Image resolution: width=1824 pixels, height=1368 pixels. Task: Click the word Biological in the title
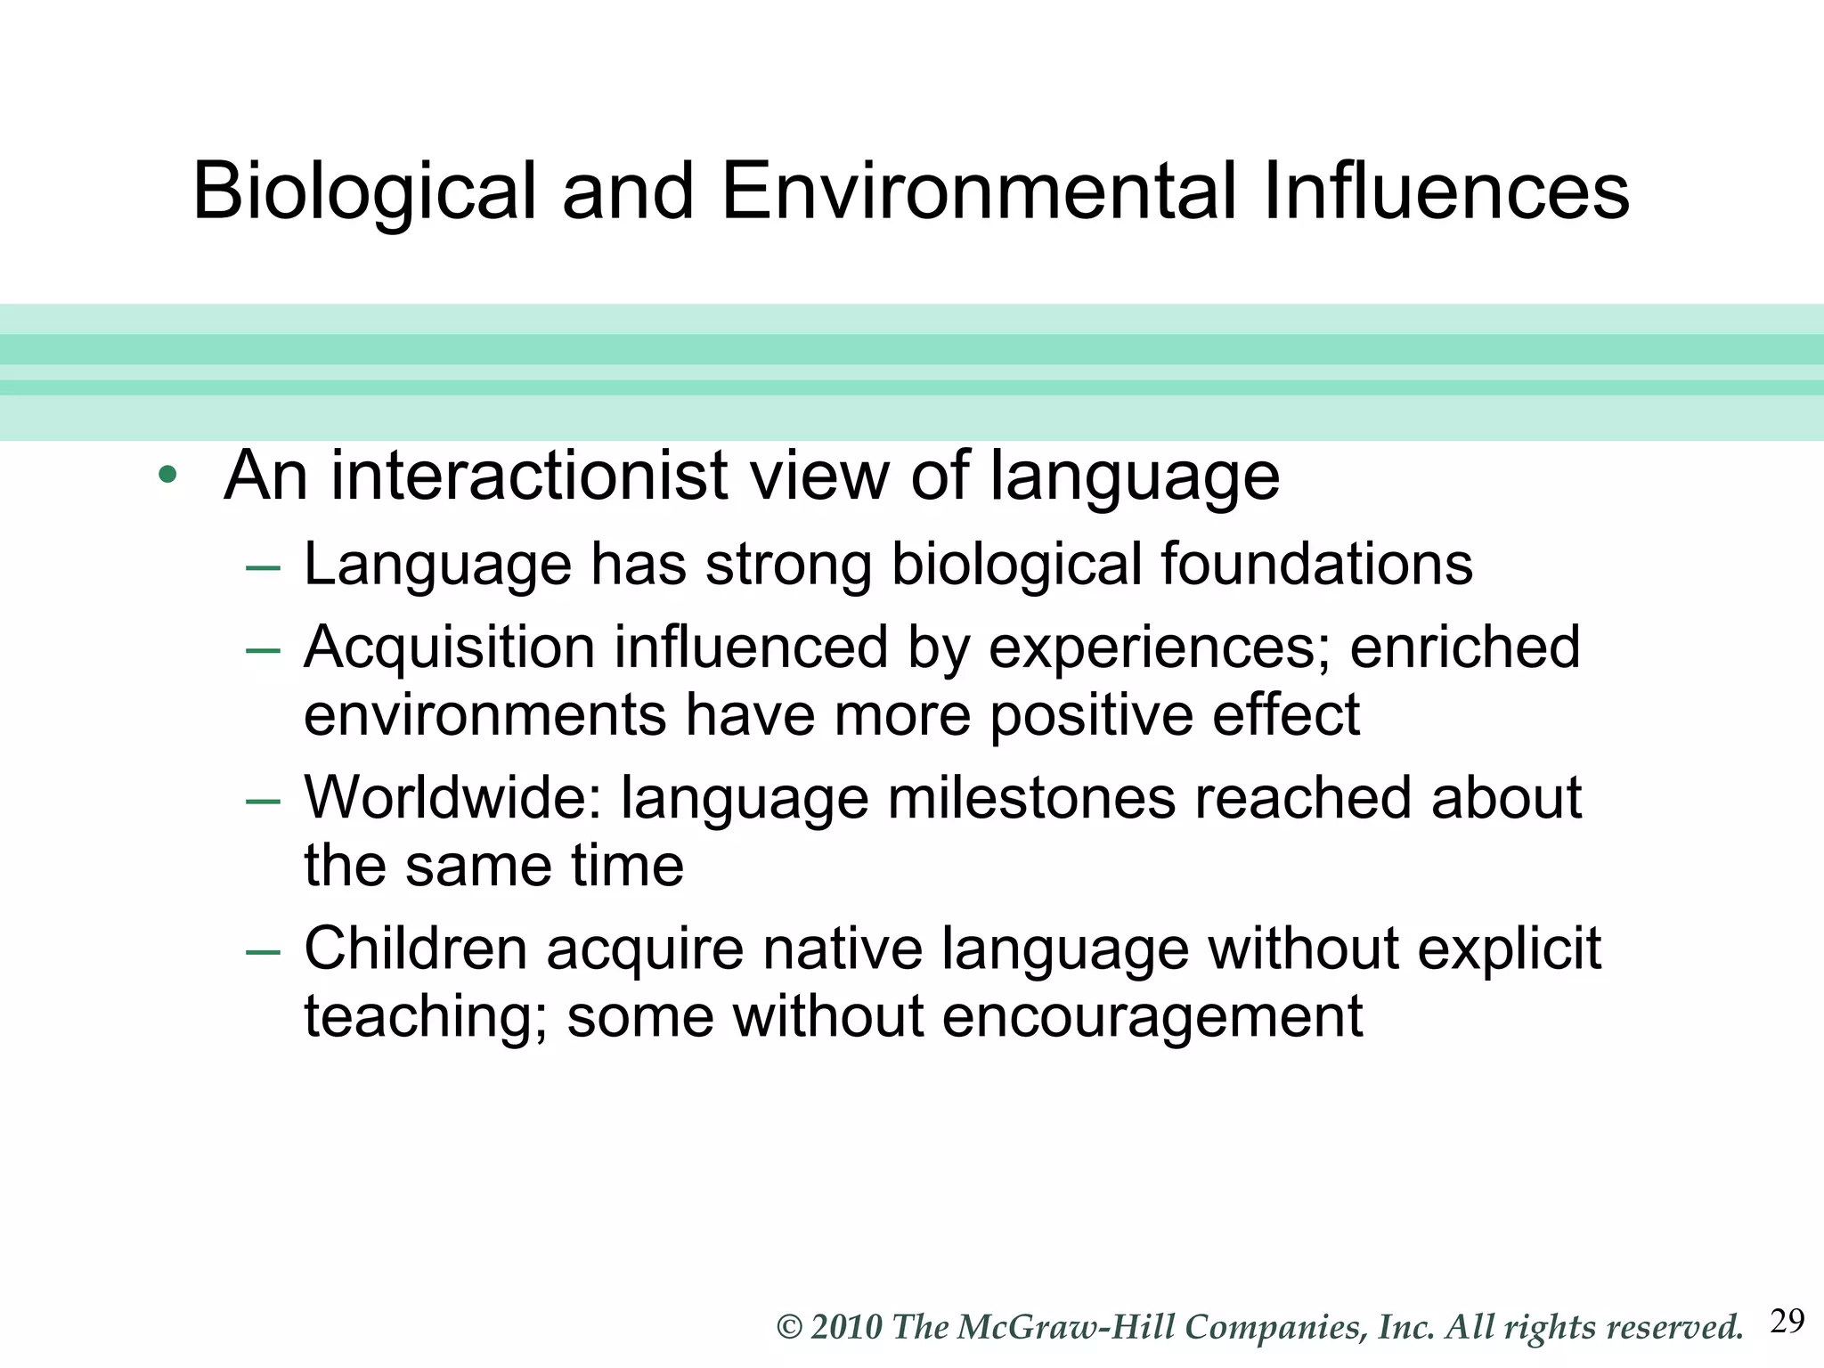[364, 192]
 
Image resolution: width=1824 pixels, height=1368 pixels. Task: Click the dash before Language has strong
[263, 567]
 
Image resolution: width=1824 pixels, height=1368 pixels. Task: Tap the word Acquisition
[449, 647]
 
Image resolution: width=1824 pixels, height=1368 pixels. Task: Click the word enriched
[1465, 647]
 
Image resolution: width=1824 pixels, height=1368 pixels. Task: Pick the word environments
[484, 715]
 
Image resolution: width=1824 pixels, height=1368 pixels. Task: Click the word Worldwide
[452, 797]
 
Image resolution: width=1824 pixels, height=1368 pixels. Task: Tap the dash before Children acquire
[263, 951]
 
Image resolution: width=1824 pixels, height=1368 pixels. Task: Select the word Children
[415, 949]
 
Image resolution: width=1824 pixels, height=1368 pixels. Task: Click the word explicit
[1509, 950]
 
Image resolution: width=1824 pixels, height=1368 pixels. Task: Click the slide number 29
[1787, 1321]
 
